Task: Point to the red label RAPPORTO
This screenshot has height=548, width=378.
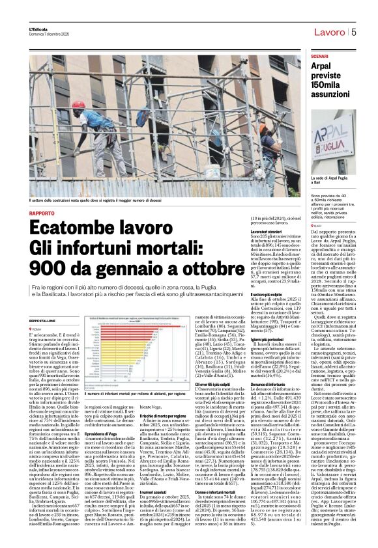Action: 42,213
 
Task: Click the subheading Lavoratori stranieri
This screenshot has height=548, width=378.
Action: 232,232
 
